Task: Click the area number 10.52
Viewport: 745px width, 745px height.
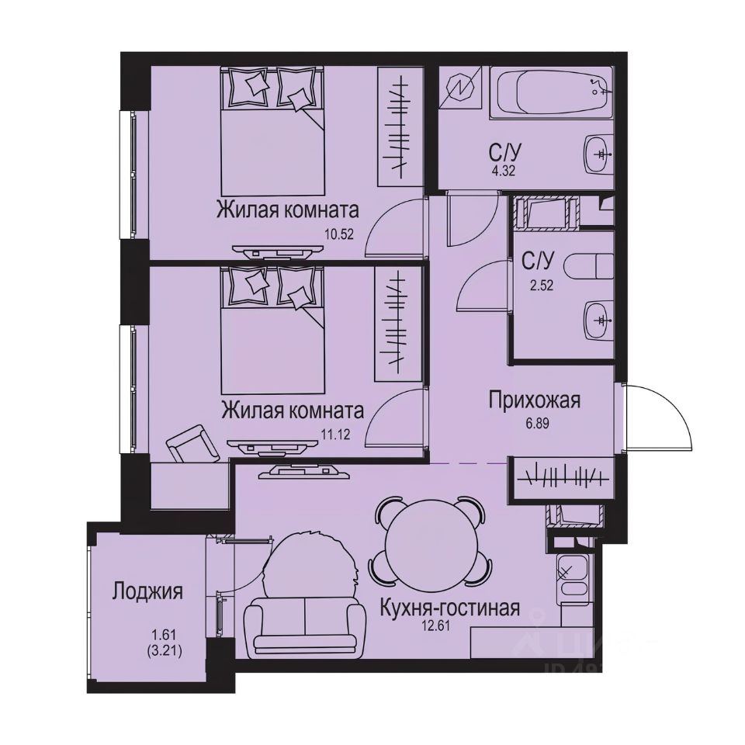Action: pyautogui.click(x=341, y=233)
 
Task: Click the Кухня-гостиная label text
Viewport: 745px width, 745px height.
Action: pyautogui.click(x=449, y=608)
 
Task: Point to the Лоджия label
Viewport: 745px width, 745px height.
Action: pyautogui.click(x=147, y=592)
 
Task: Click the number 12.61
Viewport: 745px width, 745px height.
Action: pyautogui.click(x=449, y=626)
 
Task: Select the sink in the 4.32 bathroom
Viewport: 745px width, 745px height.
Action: pyautogui.click(x=598, y=154)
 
